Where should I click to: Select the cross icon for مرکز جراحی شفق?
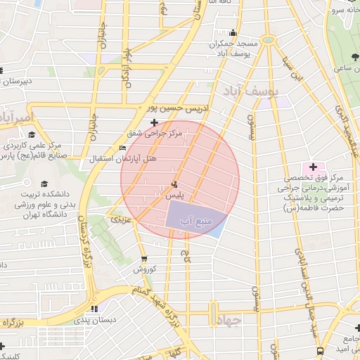(155, 122)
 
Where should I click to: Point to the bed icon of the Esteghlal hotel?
(123, 148)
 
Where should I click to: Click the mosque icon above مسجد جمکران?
(233, 33)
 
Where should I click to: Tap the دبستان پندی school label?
(94, 320)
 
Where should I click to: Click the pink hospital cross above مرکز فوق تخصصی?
(313, 168)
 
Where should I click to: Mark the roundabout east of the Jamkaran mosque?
(268, 39)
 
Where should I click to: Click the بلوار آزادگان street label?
(127, 67)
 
